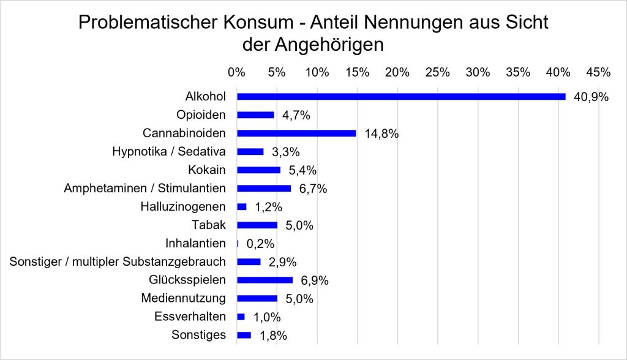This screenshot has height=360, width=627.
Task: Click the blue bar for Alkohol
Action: click(401, 96)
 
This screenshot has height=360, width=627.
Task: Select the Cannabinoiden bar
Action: click(296, 133)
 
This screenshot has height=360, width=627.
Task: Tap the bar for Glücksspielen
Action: click(265, 280)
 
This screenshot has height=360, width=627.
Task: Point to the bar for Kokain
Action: click(259, 170)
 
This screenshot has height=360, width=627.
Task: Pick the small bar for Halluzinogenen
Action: click(241, 207)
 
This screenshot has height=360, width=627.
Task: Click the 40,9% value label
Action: click(591, 97)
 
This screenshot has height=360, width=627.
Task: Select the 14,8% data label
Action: click(381, 133)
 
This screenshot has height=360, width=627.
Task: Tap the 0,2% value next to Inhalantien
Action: click(260, 244)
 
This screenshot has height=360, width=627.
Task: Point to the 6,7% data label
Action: click(313, 189)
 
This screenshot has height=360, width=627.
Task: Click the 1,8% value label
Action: click(274, 336)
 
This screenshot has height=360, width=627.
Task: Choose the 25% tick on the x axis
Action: click(437, 72)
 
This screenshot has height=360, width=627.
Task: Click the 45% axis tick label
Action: click(598, 72)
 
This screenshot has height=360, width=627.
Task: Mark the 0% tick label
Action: click(237, 72)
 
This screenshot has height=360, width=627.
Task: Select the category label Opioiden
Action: click(201, 115)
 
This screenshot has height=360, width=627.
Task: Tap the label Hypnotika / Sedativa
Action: click(169, 152)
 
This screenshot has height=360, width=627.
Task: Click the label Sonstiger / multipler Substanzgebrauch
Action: click(118, 261)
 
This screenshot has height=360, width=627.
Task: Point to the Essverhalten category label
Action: click(190, 317)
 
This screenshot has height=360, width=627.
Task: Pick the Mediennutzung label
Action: click(184, 298)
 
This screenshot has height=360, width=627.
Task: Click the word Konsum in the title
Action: click(258, 23)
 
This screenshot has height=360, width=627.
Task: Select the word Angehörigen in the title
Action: click(329, 45)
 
